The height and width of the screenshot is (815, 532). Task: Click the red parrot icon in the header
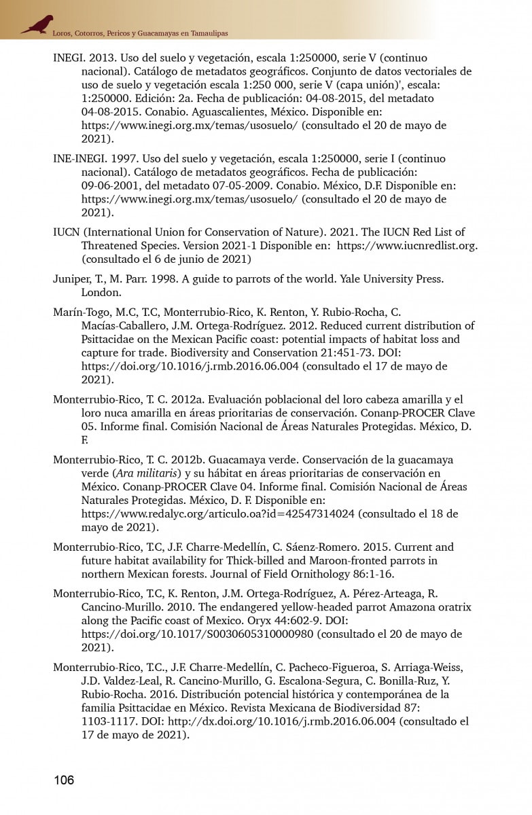37,24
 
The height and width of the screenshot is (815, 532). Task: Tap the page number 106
64,780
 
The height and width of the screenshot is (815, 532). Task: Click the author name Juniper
71,279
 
